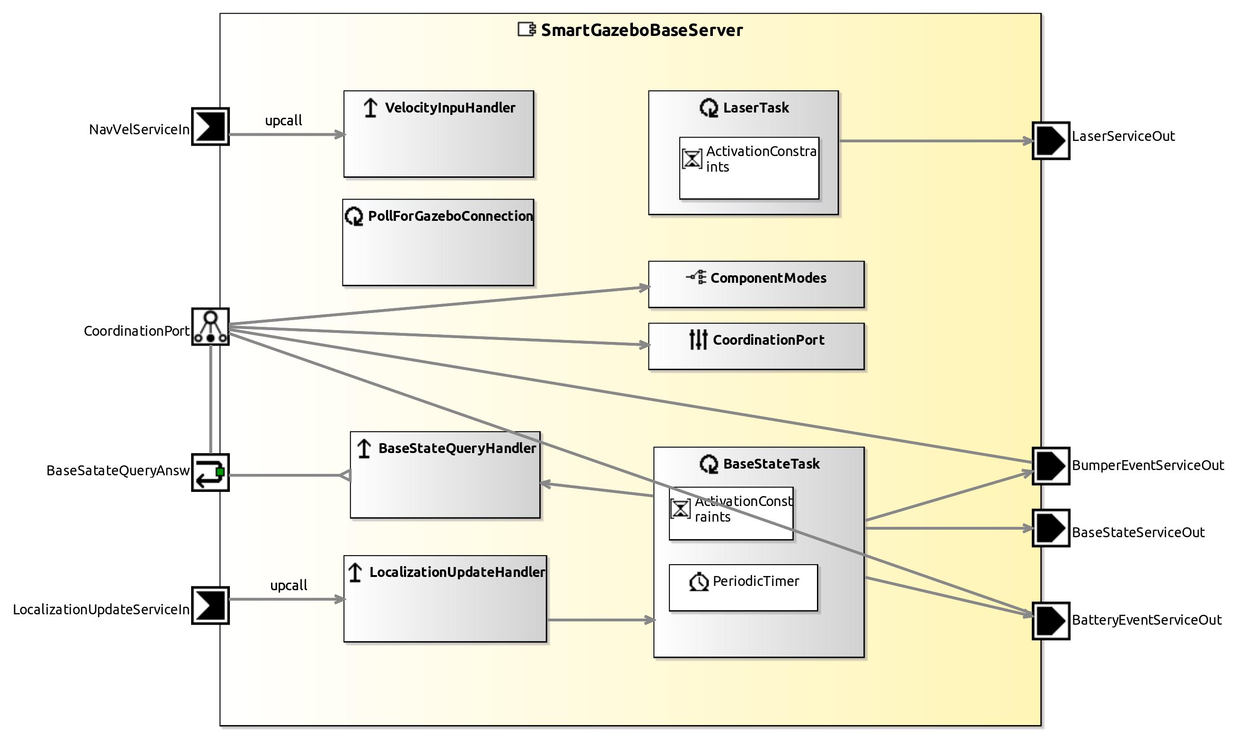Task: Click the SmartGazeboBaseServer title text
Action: (x=641, y=30)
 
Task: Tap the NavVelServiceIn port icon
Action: (x=211, y=126)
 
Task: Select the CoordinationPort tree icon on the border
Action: (x=211, y=326)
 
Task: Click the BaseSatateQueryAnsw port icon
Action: (x=211, y=472)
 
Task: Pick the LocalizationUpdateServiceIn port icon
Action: (x=211, y=605)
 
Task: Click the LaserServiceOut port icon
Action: (x=1051, y=141)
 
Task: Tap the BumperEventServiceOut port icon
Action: (x=1051, y=466)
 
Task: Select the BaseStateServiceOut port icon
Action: (x=1051, y=528)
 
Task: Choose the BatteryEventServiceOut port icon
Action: (x=1051, y=620)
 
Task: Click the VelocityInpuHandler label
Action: (x=449, y=108)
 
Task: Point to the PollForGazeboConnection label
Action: (x=450, y=217)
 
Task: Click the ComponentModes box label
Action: (x=768, y=279)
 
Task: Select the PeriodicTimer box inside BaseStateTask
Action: (x=743, y=587)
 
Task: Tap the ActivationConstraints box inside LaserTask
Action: (x=748, y=168)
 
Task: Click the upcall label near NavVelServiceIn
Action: (x=283, y=121)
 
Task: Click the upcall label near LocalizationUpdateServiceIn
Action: (x=289, y=585)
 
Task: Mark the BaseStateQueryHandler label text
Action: (x=456, y=448)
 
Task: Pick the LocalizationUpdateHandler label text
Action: (x=456, y=573)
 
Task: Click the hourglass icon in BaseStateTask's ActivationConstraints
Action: (x=680, y=509)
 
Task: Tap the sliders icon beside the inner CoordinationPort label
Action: (x=698, y=340)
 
